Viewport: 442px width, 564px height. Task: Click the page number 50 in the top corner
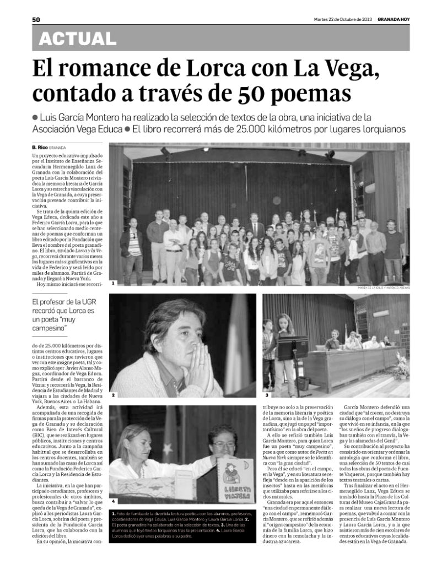(36, 19)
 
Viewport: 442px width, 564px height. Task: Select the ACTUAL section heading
(78, 39)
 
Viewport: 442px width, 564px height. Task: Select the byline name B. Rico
(39, 148)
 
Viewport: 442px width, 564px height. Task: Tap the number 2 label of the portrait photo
(113, 395)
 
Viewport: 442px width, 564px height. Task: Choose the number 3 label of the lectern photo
(267, 394)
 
